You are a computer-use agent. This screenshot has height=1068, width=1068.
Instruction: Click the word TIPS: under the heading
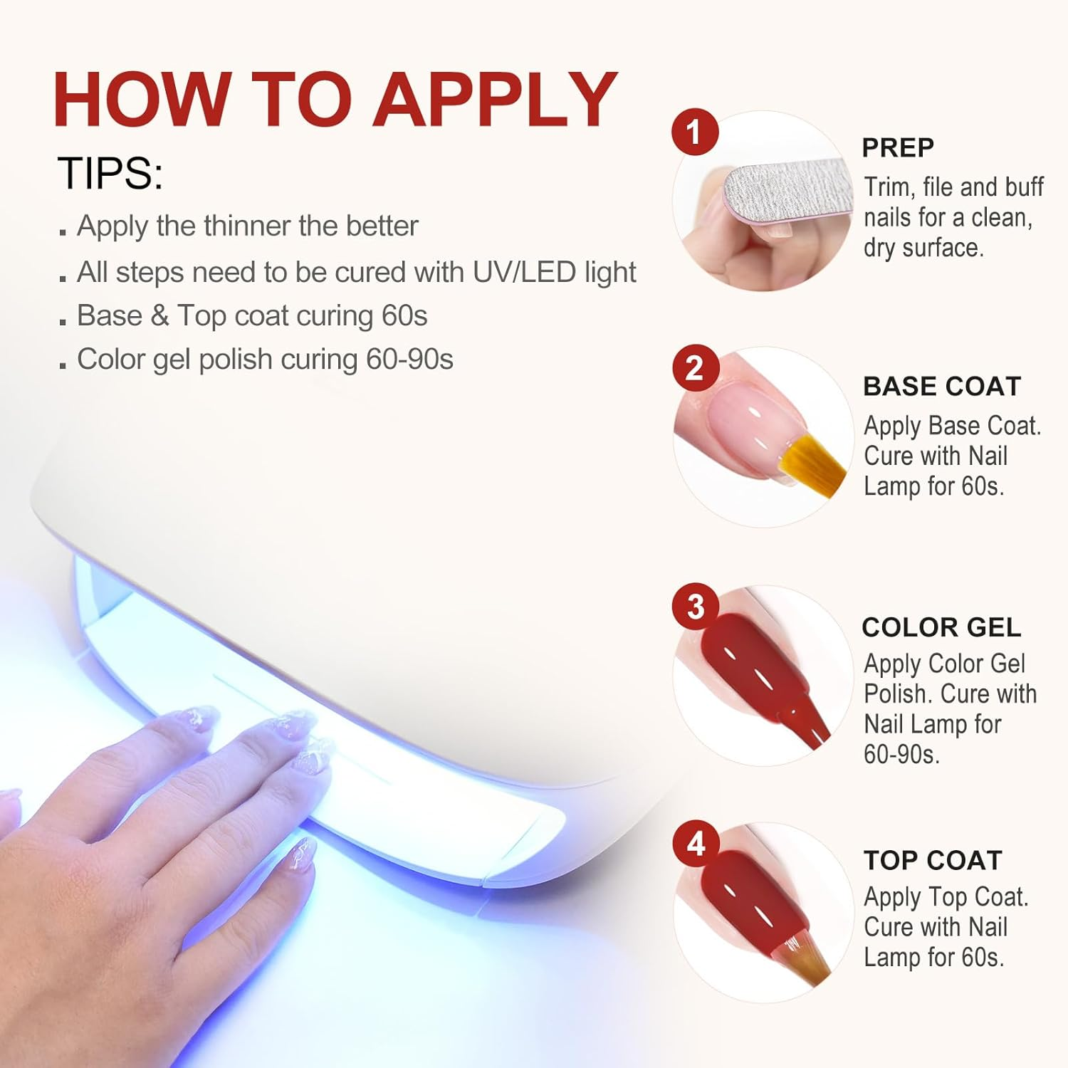pyautogui.click(x=110, y=174)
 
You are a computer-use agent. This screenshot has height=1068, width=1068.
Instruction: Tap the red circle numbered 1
pyautogui.click(x=694, y=132)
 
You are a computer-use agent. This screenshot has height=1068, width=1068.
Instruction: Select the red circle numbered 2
pyautogui.click(x=694, y=368)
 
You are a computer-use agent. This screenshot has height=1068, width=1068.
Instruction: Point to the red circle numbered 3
pyautogui.click(x=695, y=607)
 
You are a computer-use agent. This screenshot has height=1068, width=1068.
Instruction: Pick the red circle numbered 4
pyautogui.click(x=696, y=844)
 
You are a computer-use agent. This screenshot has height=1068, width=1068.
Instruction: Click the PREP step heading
pyautogui.click(x=898, y=147)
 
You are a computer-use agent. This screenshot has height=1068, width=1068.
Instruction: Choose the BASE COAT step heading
pyautogui.click(x=942, y=387)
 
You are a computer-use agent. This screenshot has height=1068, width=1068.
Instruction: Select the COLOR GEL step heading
pyautogui.click(x=941, y=627)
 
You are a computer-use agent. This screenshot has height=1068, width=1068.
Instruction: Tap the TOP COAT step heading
pyautogui.click(x=933, y=860)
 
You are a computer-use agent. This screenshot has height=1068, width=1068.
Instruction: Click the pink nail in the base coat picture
pyautogui.click(x=748, y=420)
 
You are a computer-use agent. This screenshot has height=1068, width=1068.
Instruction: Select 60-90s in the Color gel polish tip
pyautogui.click(x=409, y=360)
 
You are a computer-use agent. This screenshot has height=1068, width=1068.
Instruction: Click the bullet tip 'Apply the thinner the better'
pyautogui.click(x=247, y=226)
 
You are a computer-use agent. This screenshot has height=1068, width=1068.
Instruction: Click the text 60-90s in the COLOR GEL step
pyautogui.click(x=901, y=754)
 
